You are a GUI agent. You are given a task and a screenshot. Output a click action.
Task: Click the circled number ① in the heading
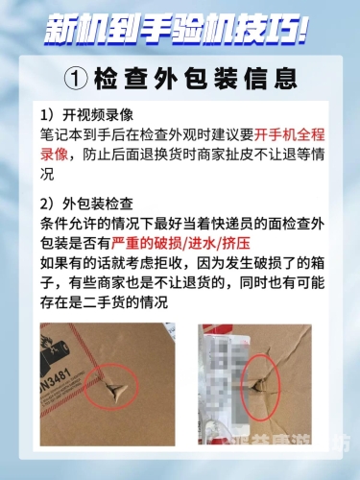(x=80, y=75)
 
